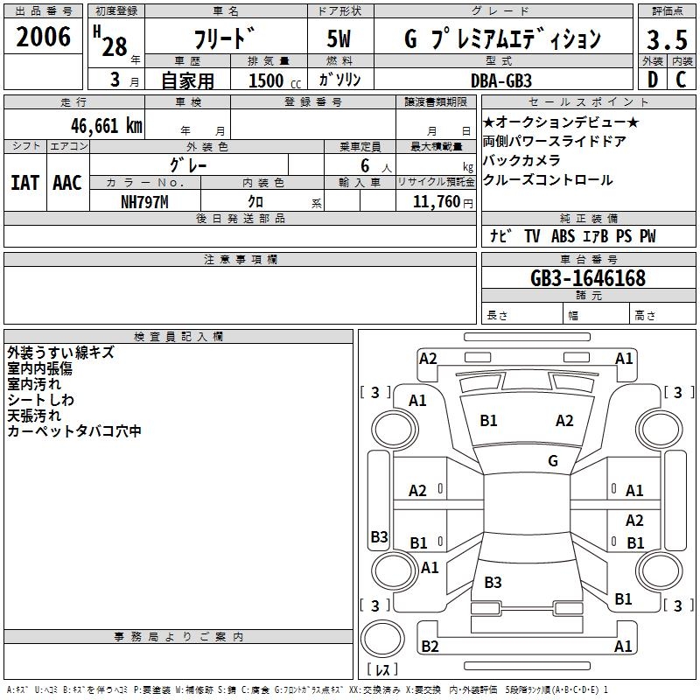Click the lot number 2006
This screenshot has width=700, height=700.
coord(43,38)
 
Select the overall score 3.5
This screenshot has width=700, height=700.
coord(665,40)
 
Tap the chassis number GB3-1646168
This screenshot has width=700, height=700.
coord(588,278)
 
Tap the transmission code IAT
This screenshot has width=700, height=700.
coord(24,183)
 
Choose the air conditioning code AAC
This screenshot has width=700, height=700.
coord(66,183)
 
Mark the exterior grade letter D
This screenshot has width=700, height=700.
coord(653,80)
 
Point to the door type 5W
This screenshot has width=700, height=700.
coord(340,39)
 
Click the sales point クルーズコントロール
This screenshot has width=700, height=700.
coord(548,180)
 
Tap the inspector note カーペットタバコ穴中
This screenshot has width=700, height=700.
coord(74,431)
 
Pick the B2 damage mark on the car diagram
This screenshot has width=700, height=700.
coord(430,647)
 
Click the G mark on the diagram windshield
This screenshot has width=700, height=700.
coord(553,460)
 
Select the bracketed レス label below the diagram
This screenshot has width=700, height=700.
coord(385,669)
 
